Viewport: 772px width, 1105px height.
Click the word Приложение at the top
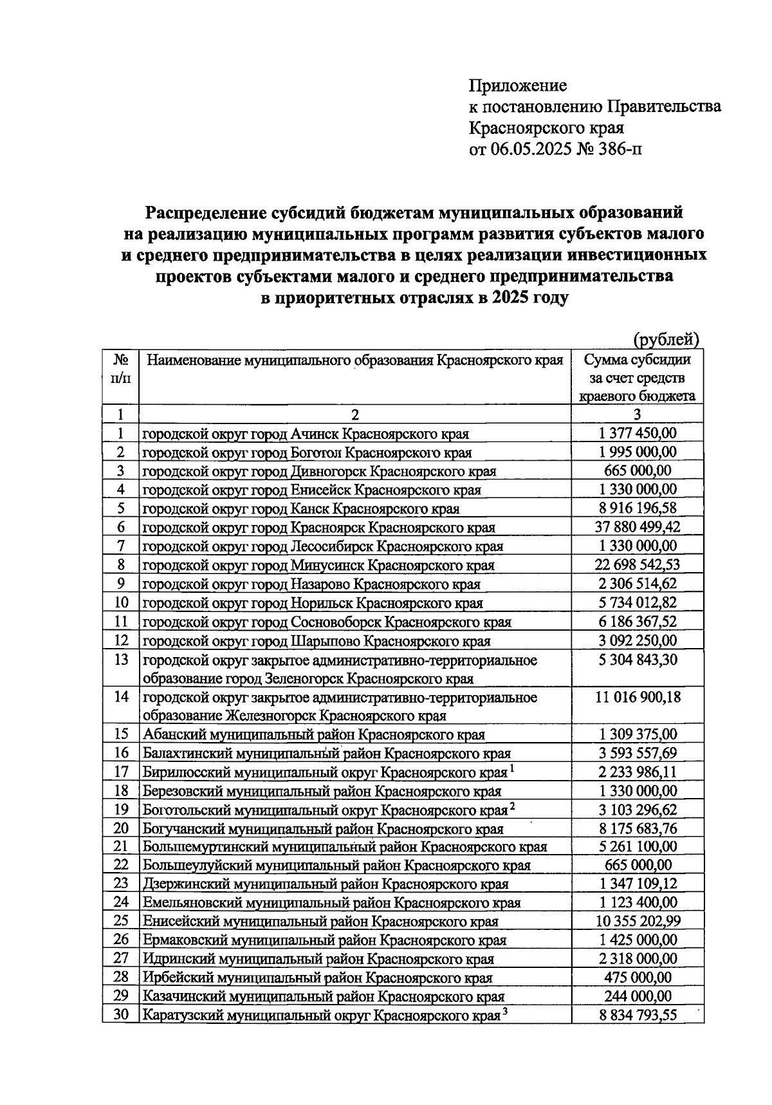[518, 86]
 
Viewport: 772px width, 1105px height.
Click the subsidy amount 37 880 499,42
[638, 527]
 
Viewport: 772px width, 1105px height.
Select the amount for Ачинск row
[638, 433]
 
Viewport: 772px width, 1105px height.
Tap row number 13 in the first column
[121, 660]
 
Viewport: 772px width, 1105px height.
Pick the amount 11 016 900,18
[638, 697]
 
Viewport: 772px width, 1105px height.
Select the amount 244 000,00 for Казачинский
[638, 996]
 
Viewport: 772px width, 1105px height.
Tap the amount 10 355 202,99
[638, 922]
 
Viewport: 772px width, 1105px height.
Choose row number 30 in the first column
[121, 1015]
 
